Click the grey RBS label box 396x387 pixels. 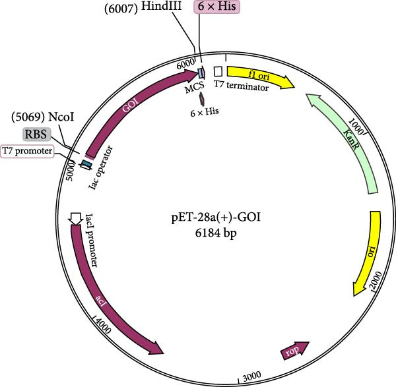coord(36,134)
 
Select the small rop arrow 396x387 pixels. coord(294,351)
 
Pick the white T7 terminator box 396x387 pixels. coord(217,71)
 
